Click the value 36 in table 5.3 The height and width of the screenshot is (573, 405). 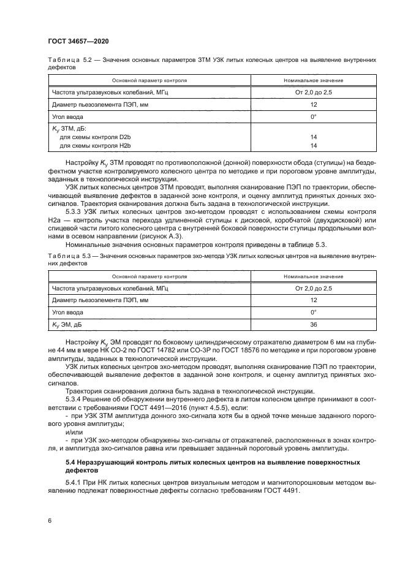[313, 325]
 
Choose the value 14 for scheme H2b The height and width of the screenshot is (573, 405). [313, 146]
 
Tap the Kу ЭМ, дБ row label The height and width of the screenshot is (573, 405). [71, 325]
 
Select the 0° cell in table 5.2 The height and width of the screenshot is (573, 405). [313, 116]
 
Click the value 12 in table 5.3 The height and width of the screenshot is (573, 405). [313, 300]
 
